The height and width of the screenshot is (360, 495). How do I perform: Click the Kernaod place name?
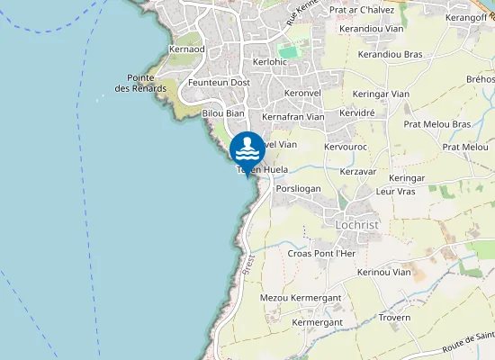pyautogui.click(x=186, y=49)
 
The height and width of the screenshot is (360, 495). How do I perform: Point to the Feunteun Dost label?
pyautogui.click(x=219, y=82)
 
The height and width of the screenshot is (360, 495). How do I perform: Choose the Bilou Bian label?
pyautogui.click(x=223, y=113)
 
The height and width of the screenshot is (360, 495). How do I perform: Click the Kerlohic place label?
pyautogui.click(x=270, y=62)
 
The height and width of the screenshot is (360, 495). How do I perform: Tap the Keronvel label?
pyautogui.click(x=301, y=93)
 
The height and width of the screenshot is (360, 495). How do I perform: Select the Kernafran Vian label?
pyautogui.click(x=292, y=116)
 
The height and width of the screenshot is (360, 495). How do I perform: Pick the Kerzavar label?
pyautogui.click(x=358, y=170)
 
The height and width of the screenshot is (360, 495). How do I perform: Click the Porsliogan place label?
pyautogui.click(x=299, y=189)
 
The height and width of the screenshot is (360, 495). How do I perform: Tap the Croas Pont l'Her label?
pyautogui.click(x=322, y=254)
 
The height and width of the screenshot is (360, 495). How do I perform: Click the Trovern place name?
pyautogui.click(x=394, y=317)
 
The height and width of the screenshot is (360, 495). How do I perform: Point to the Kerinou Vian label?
pyautogui.click(x=383, y=272)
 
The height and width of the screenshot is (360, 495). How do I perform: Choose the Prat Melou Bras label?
pyautogui.click(x=437, y=124)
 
